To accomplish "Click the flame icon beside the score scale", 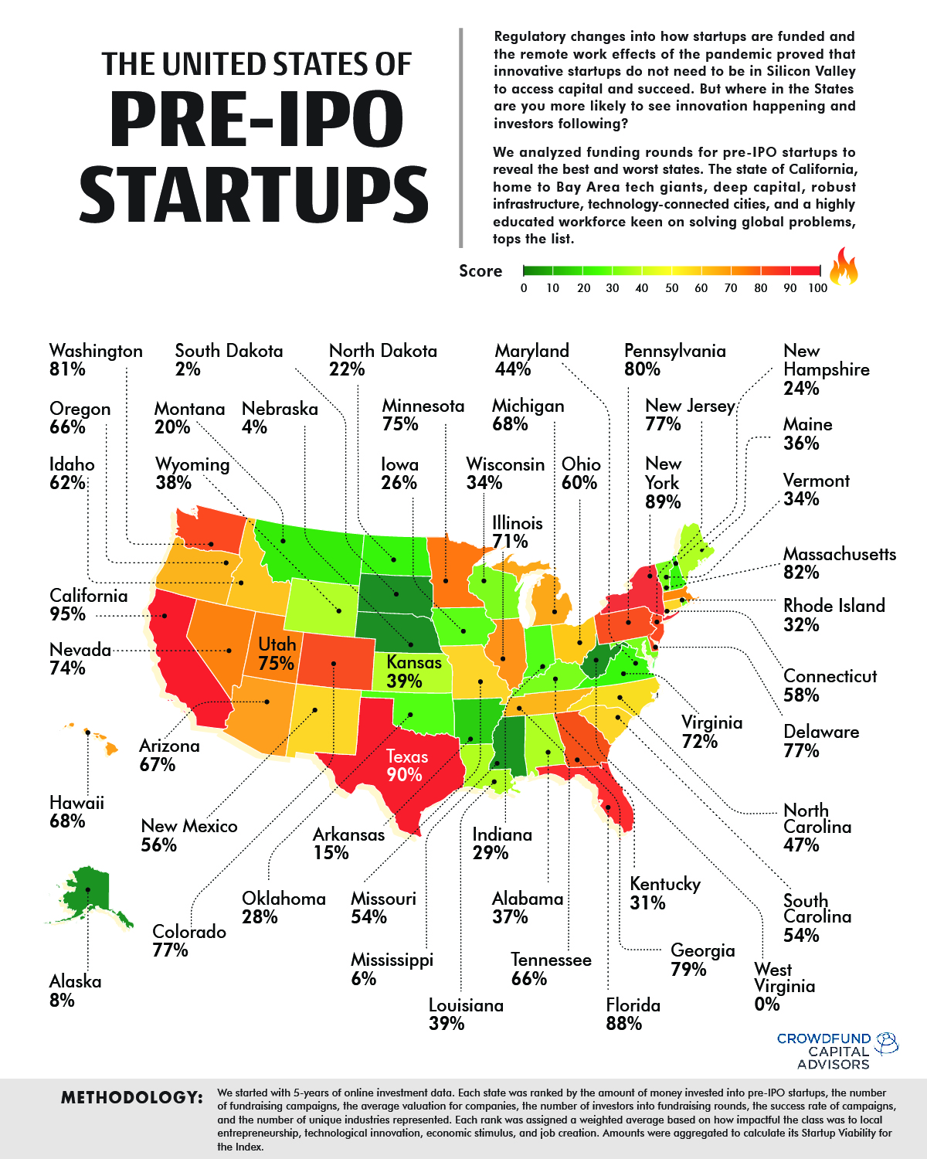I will pyautogui.click(x=844, y=267).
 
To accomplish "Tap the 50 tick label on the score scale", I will pyautogui.click(x=671, y=288).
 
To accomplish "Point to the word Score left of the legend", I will pyautogui.click(x=480, y=271).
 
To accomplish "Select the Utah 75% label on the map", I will pyautogui.click(x=277, y=654).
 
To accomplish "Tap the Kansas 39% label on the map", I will pyautogui.click(x=413, y=671).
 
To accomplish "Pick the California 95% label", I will pyautogui.click(x=88, y=605).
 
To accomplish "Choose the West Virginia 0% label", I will pyautogui.click(x=785, y=987).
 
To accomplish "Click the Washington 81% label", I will pyautogui.click(x=96, y=360).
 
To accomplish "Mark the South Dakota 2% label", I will pyautogui.click(x=229, y=360).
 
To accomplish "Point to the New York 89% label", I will pyautogui.click(x=664, y=483).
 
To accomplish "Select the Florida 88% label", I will pyautogui.click(x=633, y=1015).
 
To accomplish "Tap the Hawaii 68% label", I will pyautogui.click(x=76, y=811).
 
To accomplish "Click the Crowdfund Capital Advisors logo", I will pyautogui.click(x=837, y=1052).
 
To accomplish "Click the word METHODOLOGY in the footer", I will pyautogui.click(x=132, y=1097).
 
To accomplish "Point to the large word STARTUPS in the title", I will pyautogui.click(x=253, y=195).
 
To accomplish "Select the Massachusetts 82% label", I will pyautogui.click(x=840, y=563).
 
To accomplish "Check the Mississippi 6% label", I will pyautogui.click(x=392, y=969).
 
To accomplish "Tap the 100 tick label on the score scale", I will pyautogui.click(x=818, y=288).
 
